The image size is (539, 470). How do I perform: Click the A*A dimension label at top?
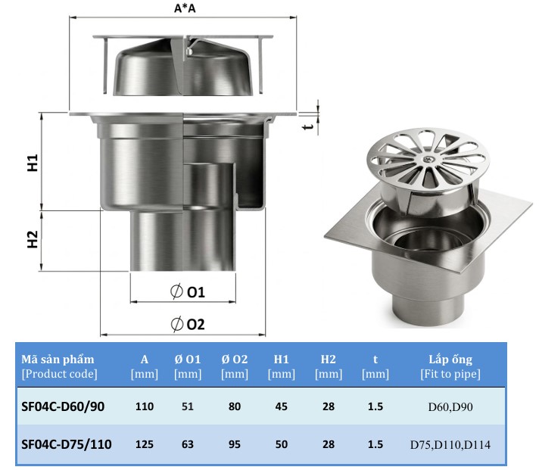[185, 8]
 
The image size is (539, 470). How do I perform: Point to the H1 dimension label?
[33, 163]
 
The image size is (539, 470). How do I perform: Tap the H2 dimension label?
[33, 239]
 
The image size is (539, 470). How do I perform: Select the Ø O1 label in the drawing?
[188, 291]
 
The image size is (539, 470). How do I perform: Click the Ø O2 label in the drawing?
[188, 324]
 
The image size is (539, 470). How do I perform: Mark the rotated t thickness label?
[308, 126]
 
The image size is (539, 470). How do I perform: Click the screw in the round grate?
[428, 159]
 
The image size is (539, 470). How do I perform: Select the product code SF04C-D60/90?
[63, 406]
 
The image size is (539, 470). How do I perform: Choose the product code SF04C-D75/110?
[67, 444]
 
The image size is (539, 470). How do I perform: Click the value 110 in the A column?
[145, 406]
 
